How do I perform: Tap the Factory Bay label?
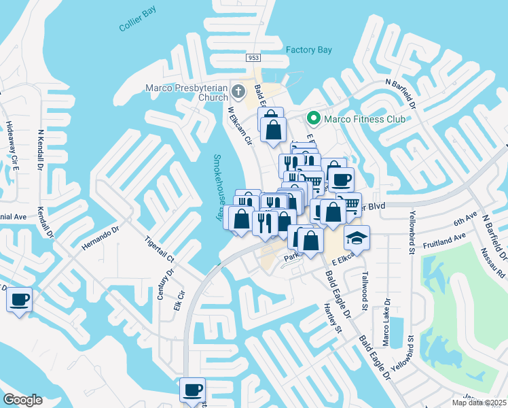point(308,50)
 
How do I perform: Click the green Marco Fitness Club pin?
point(313,119)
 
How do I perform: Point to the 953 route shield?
point(253,58)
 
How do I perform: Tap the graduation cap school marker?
point(356,238)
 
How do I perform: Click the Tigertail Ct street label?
point(160,250)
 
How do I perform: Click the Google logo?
point(22,400)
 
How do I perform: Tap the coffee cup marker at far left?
point(19,300)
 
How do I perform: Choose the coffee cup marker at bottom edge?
point(192,390)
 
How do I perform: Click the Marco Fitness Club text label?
point(364,119)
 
